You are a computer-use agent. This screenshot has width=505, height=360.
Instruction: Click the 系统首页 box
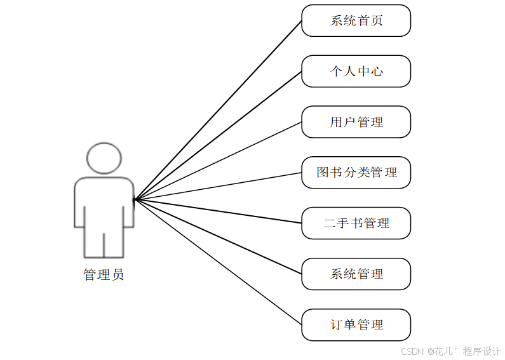[356, 21]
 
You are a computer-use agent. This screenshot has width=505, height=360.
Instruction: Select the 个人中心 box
[356, 71]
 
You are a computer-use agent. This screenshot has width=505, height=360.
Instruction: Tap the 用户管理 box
[356, 122]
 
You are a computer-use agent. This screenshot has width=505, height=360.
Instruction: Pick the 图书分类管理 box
[356, 173]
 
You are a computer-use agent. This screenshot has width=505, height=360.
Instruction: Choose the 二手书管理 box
[356, 223]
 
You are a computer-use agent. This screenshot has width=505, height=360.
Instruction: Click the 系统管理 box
[356, 274]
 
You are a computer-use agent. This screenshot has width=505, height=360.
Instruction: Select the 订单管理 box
[356, 325]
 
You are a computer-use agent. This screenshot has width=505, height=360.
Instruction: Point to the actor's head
[104, 158]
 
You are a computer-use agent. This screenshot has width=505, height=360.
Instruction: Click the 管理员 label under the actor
[104, 275]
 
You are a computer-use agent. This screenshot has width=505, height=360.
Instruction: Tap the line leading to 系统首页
[218, 110]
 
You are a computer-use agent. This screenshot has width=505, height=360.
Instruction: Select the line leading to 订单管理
[218, 262]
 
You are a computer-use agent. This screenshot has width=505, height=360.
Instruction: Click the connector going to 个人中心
[218, 135]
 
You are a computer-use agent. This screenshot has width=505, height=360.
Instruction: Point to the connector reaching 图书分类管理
[218, 186]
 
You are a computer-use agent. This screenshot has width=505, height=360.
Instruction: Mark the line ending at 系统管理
[218, 237]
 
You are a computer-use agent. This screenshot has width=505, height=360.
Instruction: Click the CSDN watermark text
[412, 351]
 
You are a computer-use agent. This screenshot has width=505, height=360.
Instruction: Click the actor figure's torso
[104, 203]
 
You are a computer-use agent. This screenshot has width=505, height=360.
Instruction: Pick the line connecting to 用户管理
[218, 161]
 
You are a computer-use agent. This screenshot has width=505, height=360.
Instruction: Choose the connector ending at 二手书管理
[218, 211]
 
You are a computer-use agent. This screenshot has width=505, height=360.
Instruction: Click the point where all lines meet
[135, 199]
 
